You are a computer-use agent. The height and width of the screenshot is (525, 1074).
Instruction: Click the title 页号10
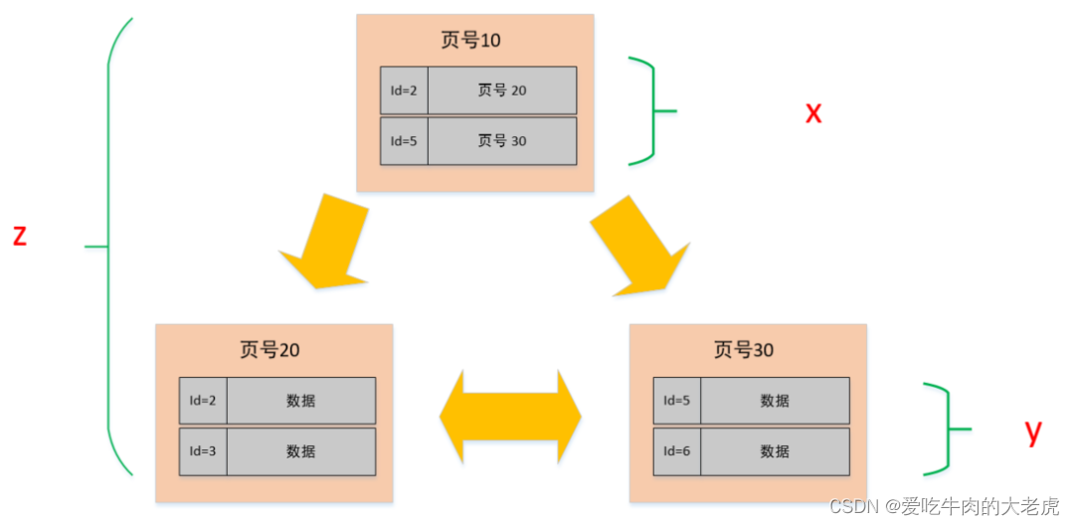click(x=470, y=40)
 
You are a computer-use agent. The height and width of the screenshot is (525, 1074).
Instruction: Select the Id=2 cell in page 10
click(x=404, y=90)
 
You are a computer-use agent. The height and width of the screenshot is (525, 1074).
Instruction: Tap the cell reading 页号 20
click(x=502, y=90)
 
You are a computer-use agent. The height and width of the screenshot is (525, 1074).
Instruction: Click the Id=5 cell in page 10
click(x=404, y=141)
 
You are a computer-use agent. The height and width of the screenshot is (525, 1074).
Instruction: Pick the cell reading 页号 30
click(x=502, y=141)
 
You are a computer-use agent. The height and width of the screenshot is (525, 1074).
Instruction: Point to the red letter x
click(x=813, y=112)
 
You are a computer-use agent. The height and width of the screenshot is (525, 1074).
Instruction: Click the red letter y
click(x=1033, y=431)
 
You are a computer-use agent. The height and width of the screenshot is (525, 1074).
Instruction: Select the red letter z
click(x=19, y=236)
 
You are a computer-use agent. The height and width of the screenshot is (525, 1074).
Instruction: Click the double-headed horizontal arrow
click(x=510, y=417)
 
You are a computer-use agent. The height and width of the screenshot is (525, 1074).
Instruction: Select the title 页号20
click(x=269, y=350)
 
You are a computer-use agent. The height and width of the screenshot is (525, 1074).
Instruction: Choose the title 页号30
click(x=743, y=350)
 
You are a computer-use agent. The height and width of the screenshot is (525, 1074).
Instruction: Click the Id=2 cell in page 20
click(x=203, y=401)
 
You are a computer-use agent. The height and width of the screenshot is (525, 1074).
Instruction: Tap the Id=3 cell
click(x=203, y=451)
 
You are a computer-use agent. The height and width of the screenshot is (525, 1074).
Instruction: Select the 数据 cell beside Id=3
click(x=300, y=451)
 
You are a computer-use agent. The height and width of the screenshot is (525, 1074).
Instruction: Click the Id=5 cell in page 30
click(x=676, y=401)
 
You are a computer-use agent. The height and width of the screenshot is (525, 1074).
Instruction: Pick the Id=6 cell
click(x=676, y=451)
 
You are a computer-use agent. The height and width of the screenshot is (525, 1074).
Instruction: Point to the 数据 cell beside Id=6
click(x=775, y=451)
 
